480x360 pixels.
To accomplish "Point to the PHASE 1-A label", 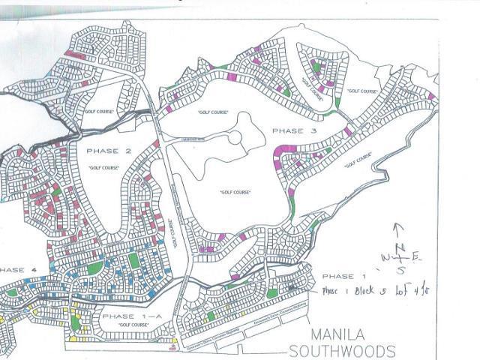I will (x=130, y=316).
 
